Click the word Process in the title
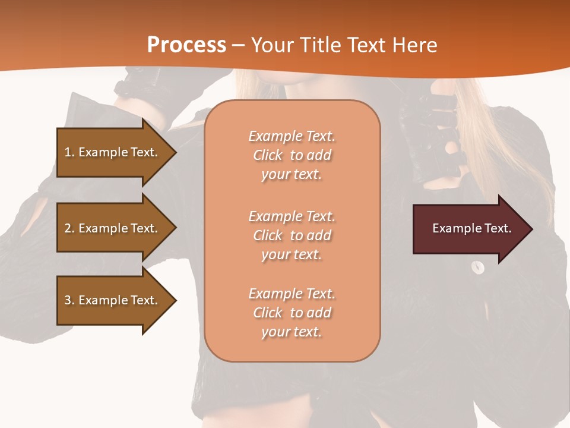click(186, 45)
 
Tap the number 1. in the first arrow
click(69, 152)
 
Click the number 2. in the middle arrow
click(69, 228)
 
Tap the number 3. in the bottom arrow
click(69, 300)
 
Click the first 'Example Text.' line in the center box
click(292, 136)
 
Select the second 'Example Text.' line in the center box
click(292, 216)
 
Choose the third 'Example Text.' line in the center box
click(292, 294)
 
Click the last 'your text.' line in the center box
click(292, 332)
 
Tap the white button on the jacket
click(477, 267)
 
